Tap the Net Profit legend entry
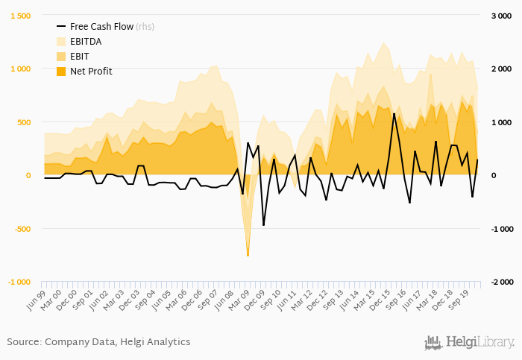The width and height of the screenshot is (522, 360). pyautogui.click(x=91, y=72)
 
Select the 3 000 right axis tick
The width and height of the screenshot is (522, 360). pyautogui.click(x=500, y=16)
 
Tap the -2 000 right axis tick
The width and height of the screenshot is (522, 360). pyautogui.click(x=499, y=282)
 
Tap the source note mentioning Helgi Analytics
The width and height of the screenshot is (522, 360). pyautogui.click(x=98, y=342)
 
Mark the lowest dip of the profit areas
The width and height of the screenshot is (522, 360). pyautogui.click(x=248, y=255)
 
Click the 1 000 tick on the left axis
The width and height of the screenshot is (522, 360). pyautogui.click(x=20, y=69)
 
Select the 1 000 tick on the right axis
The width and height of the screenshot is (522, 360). pyautogui.click(x=500, y=122)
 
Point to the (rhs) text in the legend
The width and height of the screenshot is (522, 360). pyautogui.click(x=145, y=27)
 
